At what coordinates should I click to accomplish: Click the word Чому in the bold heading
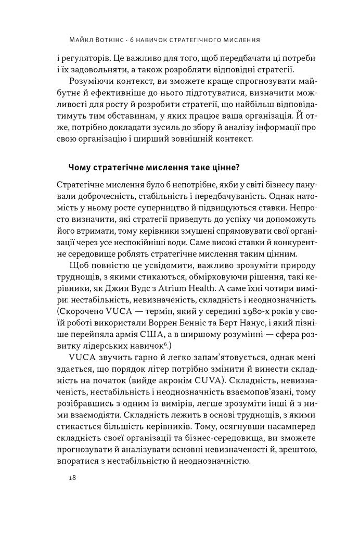tap(79, 167)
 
